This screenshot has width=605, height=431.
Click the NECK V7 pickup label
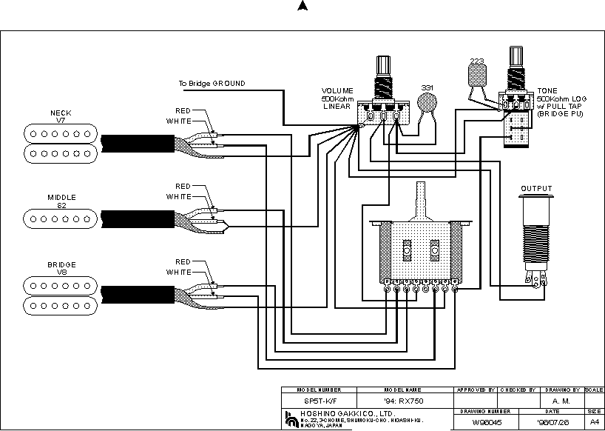pos(61,116)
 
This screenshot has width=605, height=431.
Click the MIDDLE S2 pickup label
pos(61,201)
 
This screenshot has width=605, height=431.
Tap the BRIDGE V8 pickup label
pos(61,268)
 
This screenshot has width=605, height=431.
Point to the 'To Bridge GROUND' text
pos(212,84)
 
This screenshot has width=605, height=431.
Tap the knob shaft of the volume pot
pos(383,67)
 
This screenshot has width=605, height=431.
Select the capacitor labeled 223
pos(477,73)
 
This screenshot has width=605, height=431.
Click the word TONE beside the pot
pos(548,90)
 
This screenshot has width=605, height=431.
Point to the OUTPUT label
pos(536,188)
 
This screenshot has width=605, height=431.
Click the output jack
pos(536,237)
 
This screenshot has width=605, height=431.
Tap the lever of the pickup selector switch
pos(422,196)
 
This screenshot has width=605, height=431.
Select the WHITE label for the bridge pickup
pos(179,272)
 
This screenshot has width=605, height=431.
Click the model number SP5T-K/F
pos(319,401)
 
